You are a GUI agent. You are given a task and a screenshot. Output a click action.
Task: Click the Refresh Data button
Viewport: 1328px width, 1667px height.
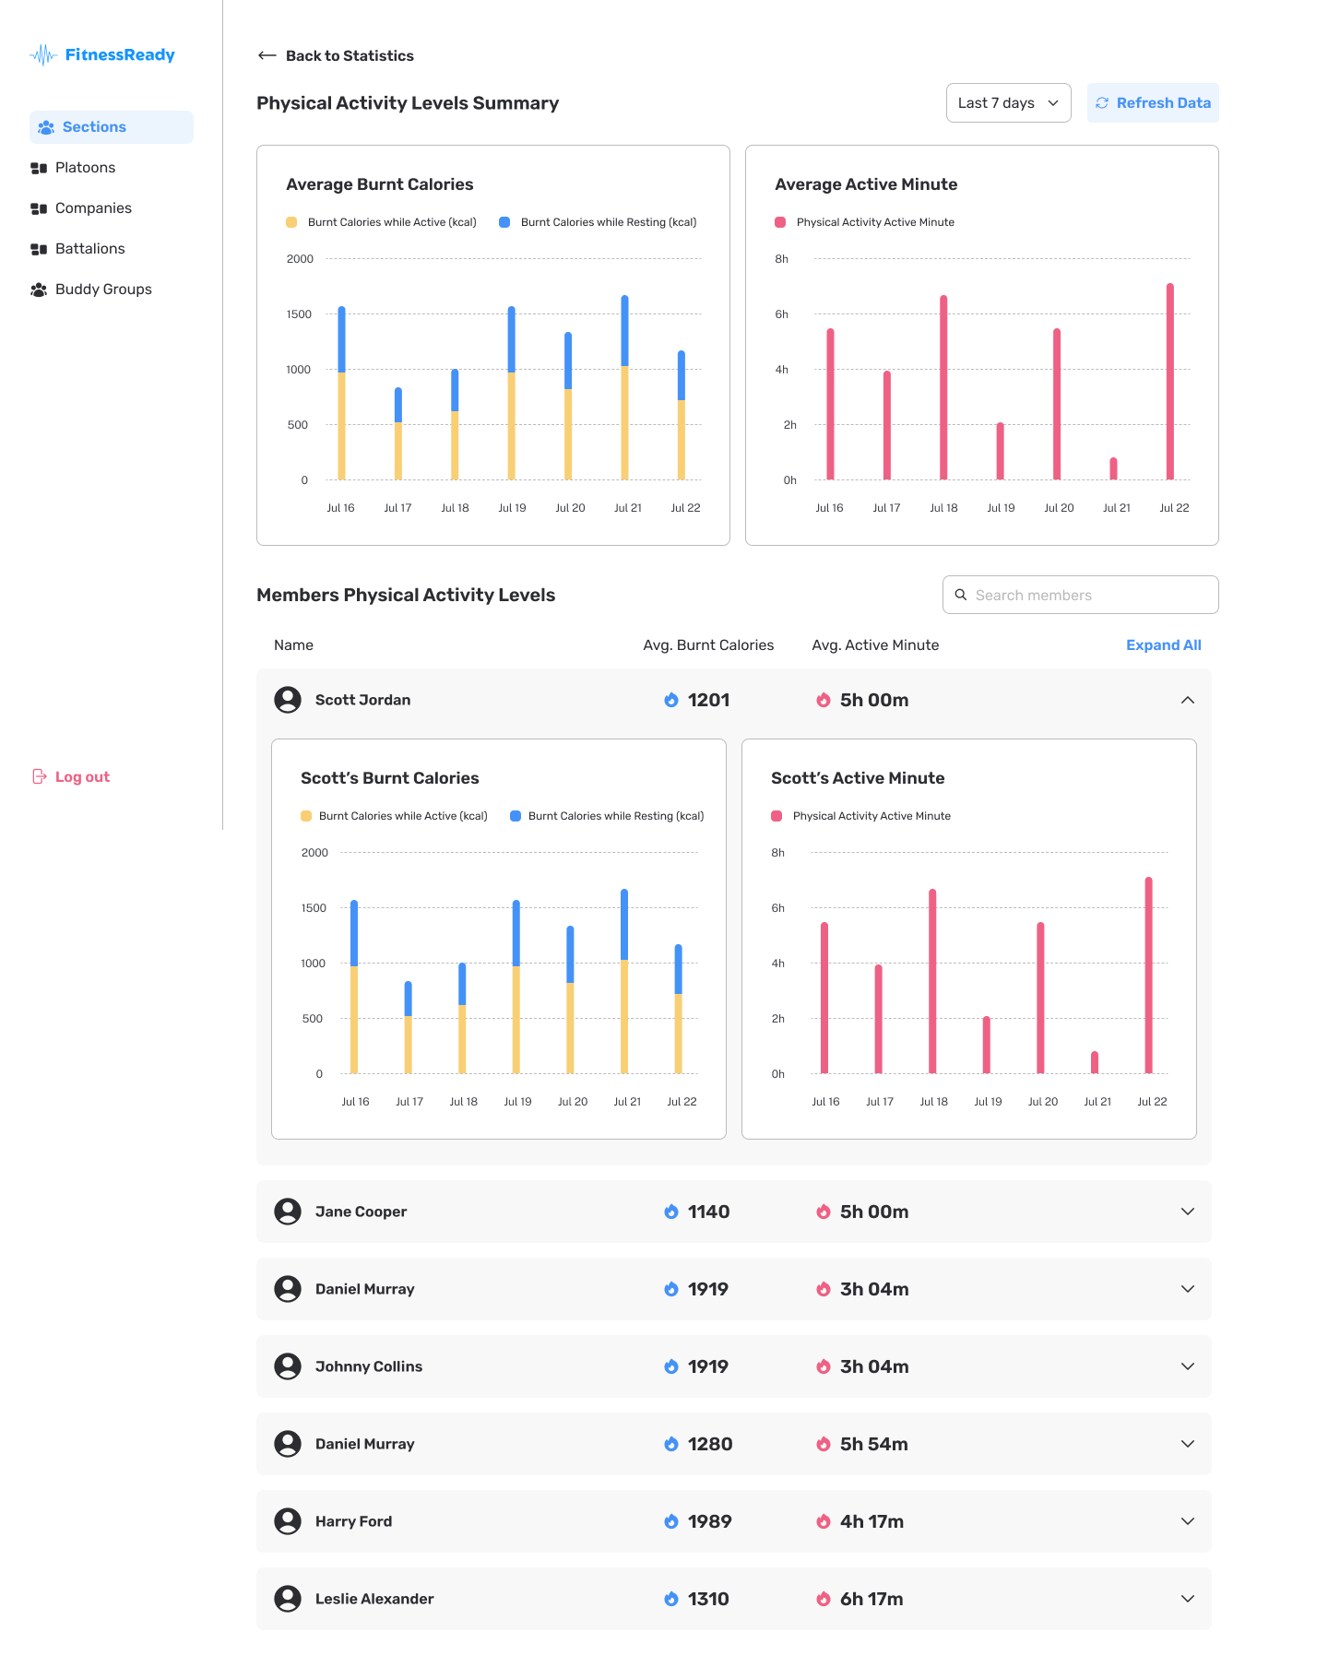coord(1153,102)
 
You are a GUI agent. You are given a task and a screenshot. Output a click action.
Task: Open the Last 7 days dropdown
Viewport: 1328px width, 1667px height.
coord(1009,102)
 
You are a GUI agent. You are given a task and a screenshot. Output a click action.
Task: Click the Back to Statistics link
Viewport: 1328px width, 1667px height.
coord(336,55)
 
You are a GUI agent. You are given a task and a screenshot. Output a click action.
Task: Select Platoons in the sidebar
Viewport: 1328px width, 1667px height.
coord(85,168)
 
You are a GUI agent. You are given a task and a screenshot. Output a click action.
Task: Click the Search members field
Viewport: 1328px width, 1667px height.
coord(1081,595)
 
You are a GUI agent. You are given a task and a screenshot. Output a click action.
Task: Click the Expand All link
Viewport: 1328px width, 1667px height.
coord(1164,645)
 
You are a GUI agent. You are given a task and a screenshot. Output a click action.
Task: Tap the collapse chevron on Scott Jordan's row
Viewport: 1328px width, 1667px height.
coord(1188,700)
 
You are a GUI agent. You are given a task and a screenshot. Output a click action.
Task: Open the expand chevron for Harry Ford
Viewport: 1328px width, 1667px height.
coord(1188,1521)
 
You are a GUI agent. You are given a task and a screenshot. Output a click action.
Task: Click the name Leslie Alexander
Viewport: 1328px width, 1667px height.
coord(374,1599)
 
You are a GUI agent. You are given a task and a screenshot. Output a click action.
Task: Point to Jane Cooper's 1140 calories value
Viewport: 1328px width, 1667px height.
coord(708,1212)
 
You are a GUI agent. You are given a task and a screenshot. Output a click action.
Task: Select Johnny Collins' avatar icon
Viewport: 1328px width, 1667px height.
coord(288,1366)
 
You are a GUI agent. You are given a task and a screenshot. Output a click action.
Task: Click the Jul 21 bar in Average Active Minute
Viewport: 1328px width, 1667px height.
coord(1114,468)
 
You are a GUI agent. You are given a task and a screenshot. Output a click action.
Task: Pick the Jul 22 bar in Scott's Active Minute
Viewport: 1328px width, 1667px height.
coord(1149,975)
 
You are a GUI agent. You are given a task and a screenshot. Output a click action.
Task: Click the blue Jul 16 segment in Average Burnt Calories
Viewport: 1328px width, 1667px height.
coord(342,339)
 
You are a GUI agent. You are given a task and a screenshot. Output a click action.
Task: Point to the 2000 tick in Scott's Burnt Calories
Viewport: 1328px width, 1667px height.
coord(314,853)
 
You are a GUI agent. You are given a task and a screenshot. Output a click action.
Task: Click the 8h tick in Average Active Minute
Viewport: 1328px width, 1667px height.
coord(782,259)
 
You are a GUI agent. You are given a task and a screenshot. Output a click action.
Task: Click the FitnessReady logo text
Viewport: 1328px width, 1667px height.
coord(120,54)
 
